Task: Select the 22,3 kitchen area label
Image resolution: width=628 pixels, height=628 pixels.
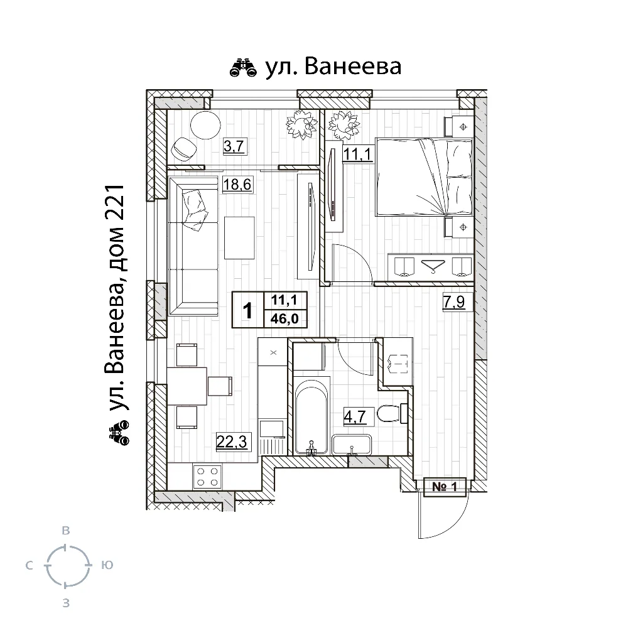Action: pyautogui.click(x=230, y=442)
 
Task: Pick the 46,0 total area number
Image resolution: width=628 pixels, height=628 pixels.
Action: pyautogui.click(x=284, y=318)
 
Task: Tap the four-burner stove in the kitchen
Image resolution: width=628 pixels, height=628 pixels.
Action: pyautogui.click(x=208, y=475)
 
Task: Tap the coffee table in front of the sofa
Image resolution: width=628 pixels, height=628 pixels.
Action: pyautogui.click(x=239, y=237)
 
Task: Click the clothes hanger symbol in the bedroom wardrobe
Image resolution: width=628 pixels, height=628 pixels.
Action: pyautogui.click(x=431, y=266)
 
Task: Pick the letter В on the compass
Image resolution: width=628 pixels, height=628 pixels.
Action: pyautogui.click(x=66, y=531)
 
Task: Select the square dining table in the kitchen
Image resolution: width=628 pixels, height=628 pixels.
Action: pyautogui.click(x=187, y=386)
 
